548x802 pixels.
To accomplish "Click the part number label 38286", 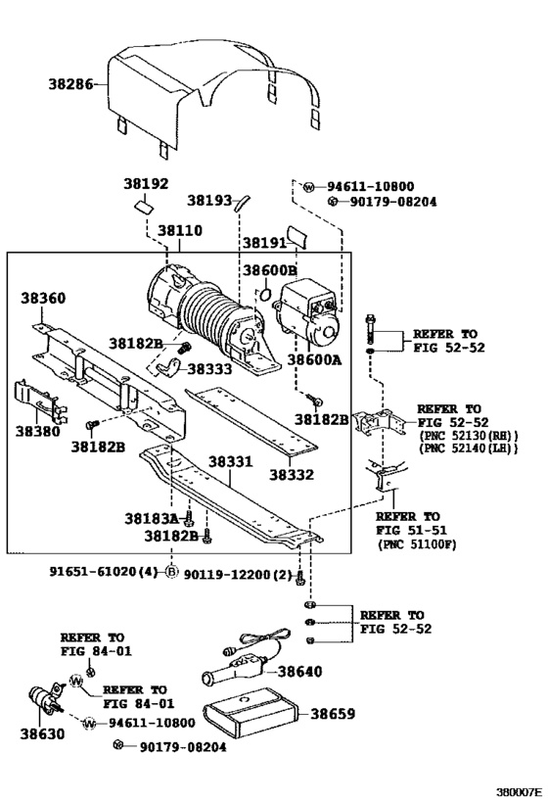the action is point(70,83).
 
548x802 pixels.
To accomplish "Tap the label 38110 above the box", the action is point(179,230).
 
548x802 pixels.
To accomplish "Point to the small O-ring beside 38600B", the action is point(265,294).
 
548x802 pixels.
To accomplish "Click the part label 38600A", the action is point(314,359).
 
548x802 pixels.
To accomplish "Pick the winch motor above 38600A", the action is point(306,312).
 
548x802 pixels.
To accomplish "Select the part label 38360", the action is point(43,298).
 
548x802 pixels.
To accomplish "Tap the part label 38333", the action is point(209,368).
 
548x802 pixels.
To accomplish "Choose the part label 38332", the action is point(292,475).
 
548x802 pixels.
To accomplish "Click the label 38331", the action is point(230,462).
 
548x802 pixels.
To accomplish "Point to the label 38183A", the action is point(152,519).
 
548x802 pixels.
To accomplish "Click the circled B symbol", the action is point(172,571).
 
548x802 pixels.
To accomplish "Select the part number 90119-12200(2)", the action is point(238,575).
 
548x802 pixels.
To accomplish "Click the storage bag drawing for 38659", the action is point(251,713).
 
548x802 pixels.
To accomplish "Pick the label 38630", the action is point(42,734).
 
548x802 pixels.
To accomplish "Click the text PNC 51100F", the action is point(417,544).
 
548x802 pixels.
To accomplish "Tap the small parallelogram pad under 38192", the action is point(144,206).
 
